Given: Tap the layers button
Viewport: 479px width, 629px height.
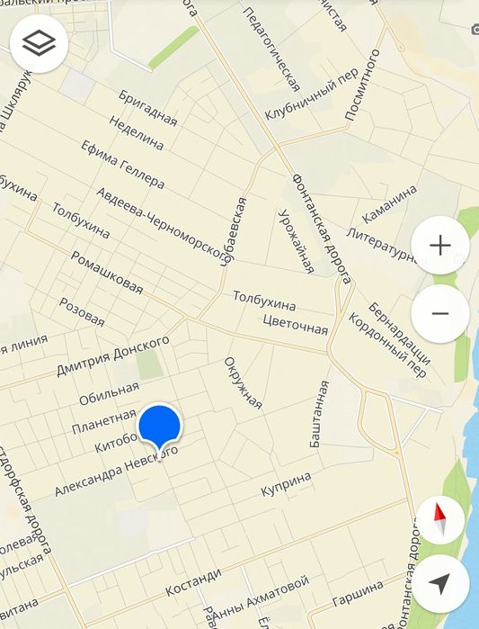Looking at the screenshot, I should pos(40,43).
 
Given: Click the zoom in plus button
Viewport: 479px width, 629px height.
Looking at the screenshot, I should pos(439,245).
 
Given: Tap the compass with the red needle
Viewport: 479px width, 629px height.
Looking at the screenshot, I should pos(440,519).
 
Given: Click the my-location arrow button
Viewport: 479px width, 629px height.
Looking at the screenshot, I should pos(440,583).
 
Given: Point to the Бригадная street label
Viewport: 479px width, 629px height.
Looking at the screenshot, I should pos(148,108).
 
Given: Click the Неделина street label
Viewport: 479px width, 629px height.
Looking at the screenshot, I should pos(137,132).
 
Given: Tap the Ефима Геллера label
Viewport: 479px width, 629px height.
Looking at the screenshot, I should pos(122,164).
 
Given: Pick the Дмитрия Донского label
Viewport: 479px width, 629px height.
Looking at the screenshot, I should pos(113,355).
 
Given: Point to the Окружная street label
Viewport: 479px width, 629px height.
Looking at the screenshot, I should pos(243,383).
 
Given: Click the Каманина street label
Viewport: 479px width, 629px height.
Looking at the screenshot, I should pos(390,205).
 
